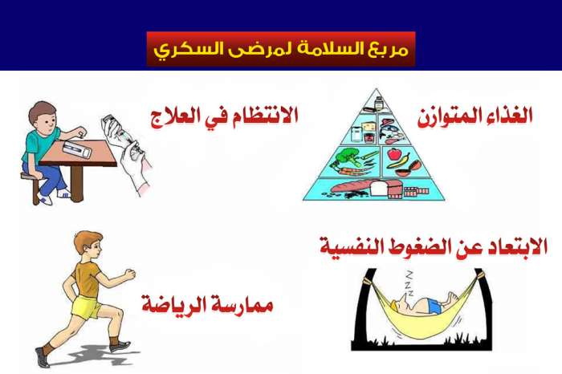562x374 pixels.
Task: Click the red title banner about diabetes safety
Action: (281, 49)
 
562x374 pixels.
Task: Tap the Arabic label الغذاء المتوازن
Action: (475, 116)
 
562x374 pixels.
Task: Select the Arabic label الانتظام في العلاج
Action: (224, 116)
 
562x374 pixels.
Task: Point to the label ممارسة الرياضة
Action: (207, 304)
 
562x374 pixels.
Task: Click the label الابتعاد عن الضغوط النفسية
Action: (434, 246)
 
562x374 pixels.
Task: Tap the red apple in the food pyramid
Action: (394, 154)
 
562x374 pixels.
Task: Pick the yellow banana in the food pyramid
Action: (400, 162)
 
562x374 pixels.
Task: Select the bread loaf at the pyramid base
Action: (354, 187)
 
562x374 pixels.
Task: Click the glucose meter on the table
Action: (77, 149)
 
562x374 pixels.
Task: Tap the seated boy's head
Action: (43, 116)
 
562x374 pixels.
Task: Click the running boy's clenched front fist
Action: (130, 274)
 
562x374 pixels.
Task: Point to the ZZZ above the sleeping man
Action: (409, 284)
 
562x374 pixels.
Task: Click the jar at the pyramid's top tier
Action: (378, 104)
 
